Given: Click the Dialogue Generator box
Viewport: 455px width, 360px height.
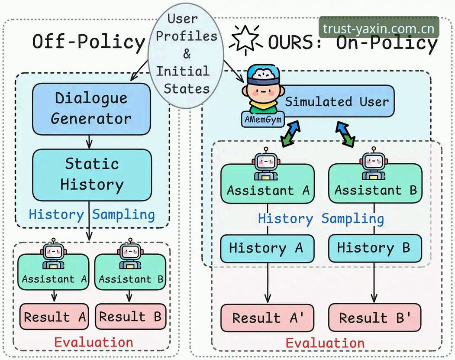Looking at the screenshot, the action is pyautogui.click(x=91, y=109).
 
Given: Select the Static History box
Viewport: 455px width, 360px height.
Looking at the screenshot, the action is pyautogui.click(x=92, y=175).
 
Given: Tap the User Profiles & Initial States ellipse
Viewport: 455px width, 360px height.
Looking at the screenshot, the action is pyautogui.click(x=186, y=55).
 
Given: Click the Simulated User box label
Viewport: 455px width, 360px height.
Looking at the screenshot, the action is pyautogui.click(x=337, y=102).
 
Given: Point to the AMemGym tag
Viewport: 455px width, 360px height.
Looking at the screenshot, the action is pyautogui.click(x=263, y=119).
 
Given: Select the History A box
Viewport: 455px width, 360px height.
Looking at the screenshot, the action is pyautogui.click(x=267, y=249).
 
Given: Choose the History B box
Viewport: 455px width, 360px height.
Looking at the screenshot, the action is pyautogui.click(x=375, y=248).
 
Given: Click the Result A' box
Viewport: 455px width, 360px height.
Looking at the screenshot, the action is pyautogui.click(x=267, y=318).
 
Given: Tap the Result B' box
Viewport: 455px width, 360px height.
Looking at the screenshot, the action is pyautogui.click(x=374, y=318).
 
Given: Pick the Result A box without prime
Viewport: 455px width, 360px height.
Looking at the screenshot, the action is pyautogui.click(x=54, y=317).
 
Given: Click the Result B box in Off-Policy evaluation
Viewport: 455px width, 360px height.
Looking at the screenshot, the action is pyautogui.click(x=131, y=316).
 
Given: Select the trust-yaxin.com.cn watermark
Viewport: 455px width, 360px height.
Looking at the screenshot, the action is pyautogui.click(x=379, y=29).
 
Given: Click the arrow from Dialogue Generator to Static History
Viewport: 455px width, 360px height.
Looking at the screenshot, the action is pyautogui.click(x=89, y=142).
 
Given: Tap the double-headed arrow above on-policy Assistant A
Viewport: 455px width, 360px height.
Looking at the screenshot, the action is pyautogui.click(x=290, y=134).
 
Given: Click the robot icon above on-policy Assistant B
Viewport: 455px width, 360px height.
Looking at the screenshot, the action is pyautogui.click(x=374, y=163).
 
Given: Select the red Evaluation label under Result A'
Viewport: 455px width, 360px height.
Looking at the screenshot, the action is pyautogui.click(x=325, y=343).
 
